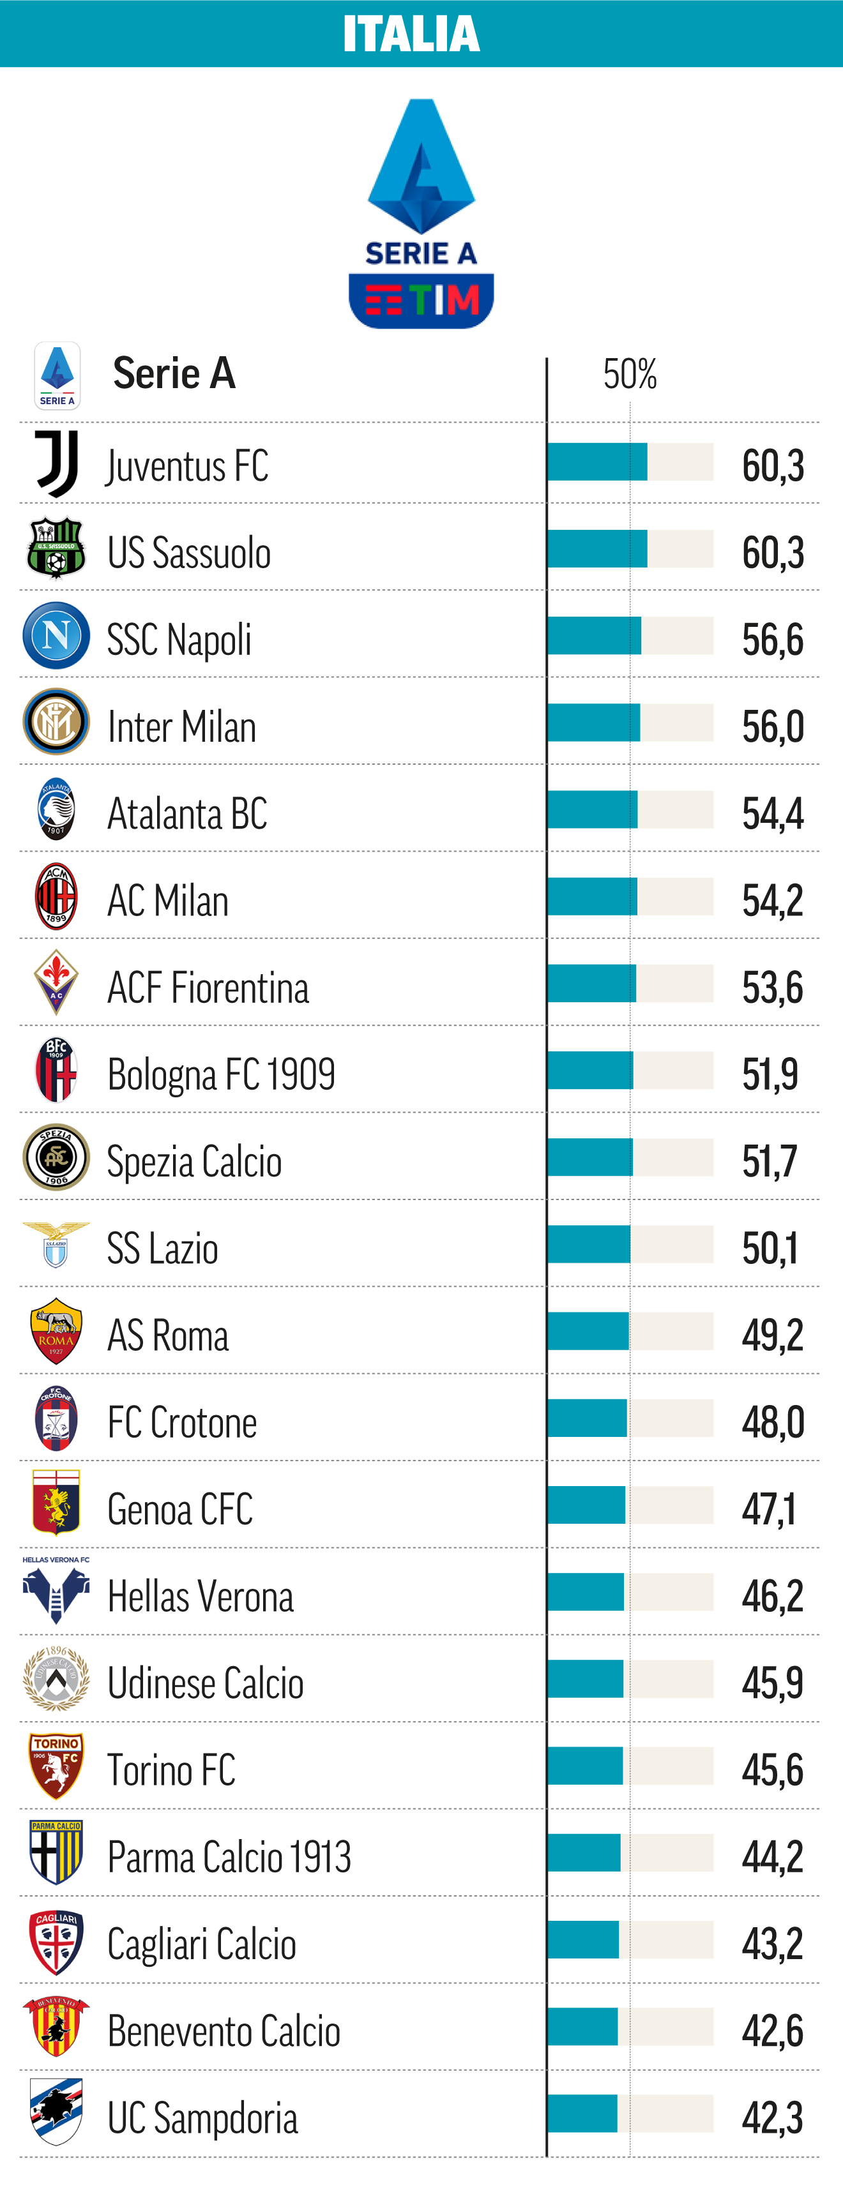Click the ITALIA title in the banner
[x=412, y=34]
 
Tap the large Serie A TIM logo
[x=421, y=213]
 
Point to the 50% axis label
[x=630, y=373]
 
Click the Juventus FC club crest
[x=57, y=463]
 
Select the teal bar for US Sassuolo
[x=598, y=548]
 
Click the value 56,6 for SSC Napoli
[x=773, y=639]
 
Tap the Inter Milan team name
[x=181, y=726]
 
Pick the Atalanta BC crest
[x=56, y=809]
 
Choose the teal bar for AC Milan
[x=593, y=896]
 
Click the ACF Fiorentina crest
[x=56, y=982]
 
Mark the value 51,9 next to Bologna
[x=770, y=1074]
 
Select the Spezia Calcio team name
[x=194, y=1161]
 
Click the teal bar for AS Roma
[x=588, y=1331]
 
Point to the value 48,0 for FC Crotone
[x=773, y=1422]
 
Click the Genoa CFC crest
[x=56, y=1503]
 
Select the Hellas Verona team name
[x=201, y=1596]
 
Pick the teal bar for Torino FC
[x=585, y=1766]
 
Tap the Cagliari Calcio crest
[x=56, y=1943]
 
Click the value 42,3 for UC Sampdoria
[x=773, y=2117]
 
